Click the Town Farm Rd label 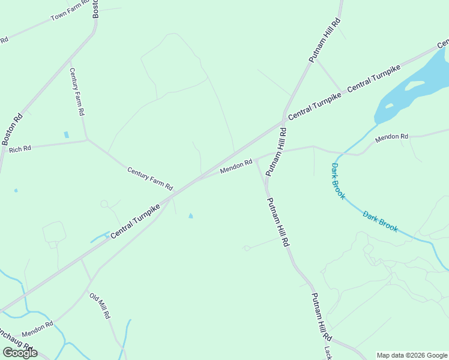[70, 13]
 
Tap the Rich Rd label [20, 148]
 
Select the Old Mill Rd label [100, 305]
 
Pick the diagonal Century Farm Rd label [149, 178]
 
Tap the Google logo [20, 353]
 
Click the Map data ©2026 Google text [412, 355]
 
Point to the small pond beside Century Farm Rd [66, 135]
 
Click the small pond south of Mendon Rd [191, 216]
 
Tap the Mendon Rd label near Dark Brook [391, 137]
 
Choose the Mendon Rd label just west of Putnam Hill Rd [236, 166]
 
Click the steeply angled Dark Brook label [338, 181]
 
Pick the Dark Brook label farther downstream [380, 221]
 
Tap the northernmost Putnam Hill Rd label [325, 40]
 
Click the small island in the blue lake [414, 85]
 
